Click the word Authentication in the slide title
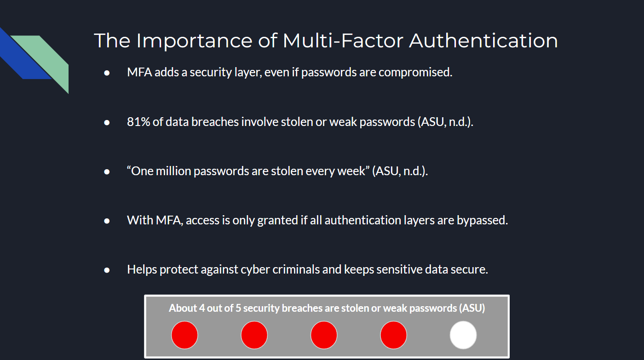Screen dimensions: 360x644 click(483, 40)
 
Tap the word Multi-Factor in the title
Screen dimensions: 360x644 click(342, 40)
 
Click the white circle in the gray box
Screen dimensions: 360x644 click(463, 335)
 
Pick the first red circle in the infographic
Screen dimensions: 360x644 click(184, 335)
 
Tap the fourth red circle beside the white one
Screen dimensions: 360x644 click(393, 335)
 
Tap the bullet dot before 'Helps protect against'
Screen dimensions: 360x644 click(107, 270)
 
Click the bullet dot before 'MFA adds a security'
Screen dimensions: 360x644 click(107, 73)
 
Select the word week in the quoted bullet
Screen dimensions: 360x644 click(354, 171)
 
